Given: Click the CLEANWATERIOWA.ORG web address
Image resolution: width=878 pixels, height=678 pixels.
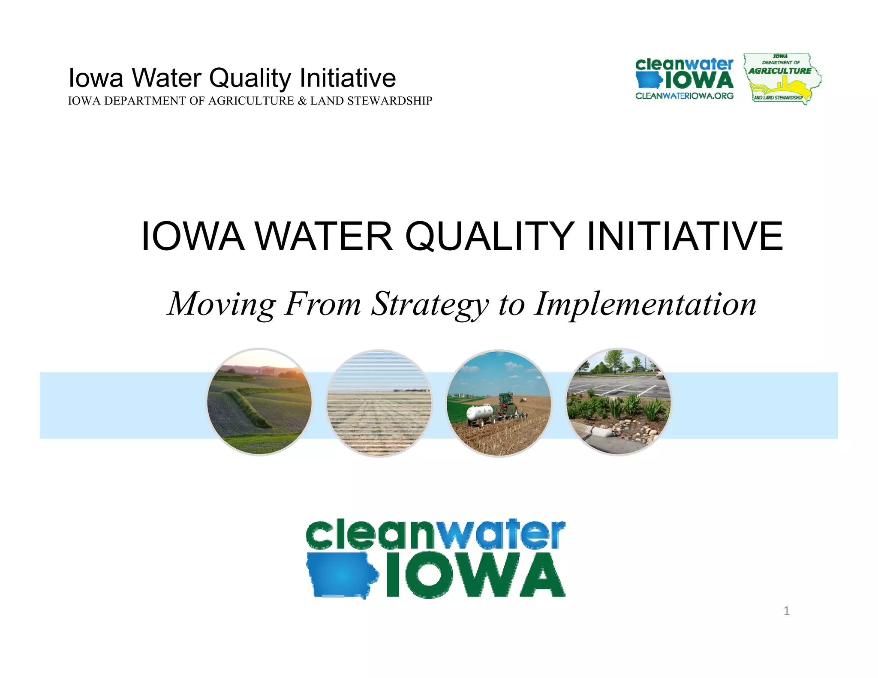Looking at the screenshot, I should pos(684,96).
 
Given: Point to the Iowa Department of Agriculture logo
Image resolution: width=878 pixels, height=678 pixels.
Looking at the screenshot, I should pos(782,78).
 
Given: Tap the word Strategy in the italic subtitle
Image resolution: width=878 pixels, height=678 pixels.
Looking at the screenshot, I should pos(430,304).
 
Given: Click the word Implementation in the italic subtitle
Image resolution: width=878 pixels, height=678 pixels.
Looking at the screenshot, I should pos(645,304).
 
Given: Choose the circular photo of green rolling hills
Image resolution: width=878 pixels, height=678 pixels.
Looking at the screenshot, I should pos(259,402).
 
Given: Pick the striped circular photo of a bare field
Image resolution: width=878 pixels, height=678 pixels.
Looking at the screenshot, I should pos(379,403).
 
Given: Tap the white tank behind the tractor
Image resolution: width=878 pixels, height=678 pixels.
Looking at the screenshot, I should pos(480,413).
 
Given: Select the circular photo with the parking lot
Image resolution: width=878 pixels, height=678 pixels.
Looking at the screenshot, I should pos(619,402).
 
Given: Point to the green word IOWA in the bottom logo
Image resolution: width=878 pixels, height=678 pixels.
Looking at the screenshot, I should pos(475,575).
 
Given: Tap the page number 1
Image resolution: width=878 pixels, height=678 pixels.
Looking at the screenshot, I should pos(786,611).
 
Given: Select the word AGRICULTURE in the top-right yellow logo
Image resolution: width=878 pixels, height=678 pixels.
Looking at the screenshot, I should pos(780,71).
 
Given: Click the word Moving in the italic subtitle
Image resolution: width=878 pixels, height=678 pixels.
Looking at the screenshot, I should pos(221,304).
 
